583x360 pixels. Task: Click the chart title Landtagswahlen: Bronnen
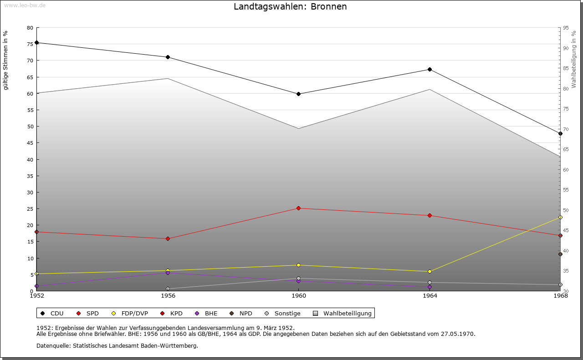click(290, 6)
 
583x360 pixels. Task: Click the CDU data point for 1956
click(168, 57)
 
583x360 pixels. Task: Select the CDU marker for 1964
click(430, 69)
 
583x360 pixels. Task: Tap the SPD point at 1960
click(298, 208)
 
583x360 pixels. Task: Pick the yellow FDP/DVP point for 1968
click(560, 217)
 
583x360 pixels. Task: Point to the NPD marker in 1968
click(560, 254)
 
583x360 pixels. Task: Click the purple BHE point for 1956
click(168, 273)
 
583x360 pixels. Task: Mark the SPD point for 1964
click(430, 215)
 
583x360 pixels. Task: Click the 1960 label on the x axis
click(298, 296)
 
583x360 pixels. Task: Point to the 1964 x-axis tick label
click(430, 296)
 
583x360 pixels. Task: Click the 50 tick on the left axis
click(30, 127)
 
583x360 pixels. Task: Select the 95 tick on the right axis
click(566, 28)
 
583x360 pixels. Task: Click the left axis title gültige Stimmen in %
click(5, 60)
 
